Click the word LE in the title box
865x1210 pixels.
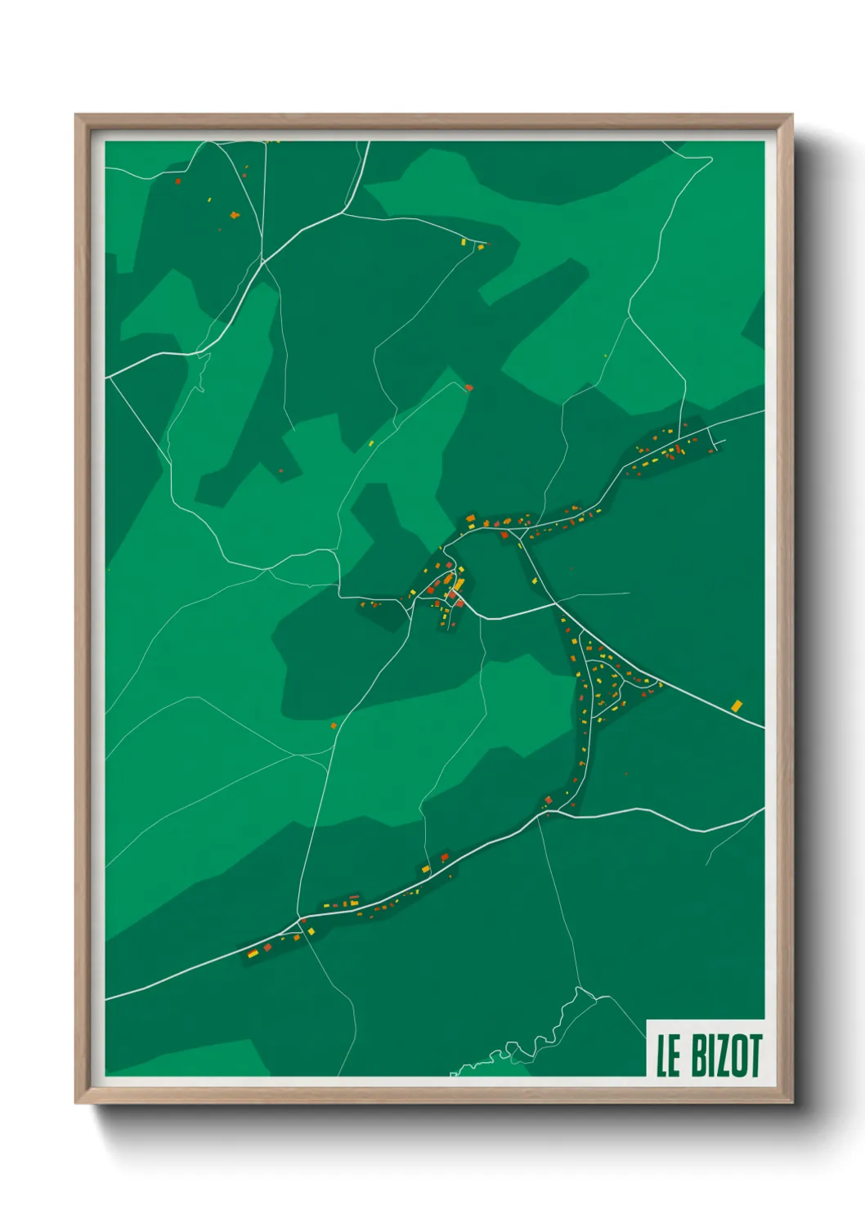[669, 1056]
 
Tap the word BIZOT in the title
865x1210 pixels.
[727, 1056]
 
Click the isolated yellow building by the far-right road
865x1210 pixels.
[737, 705]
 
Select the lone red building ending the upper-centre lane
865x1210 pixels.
[468, 388]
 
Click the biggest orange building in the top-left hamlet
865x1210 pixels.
[235, 215]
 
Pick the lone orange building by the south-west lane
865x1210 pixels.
[334, 725]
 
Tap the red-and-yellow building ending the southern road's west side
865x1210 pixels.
[253, 952]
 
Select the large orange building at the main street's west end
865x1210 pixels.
[471, 518]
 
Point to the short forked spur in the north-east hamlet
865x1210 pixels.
[717, 444]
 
